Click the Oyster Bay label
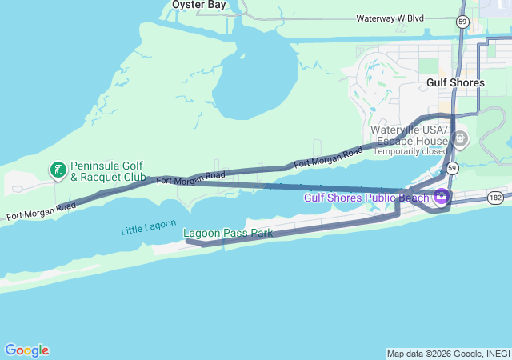(x=199, y=5)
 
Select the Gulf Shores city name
(x=455, y=82)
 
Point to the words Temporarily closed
(x=411, y=151)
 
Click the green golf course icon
(x=58, y=170)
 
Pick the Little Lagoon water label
(x=148, y=227)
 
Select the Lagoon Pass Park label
(x=228, y=234)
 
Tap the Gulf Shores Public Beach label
(x=366, y=198)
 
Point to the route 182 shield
(x=497, y=196)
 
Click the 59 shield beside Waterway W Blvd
(x=463, y=22)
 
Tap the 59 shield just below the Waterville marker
(x=453, y=168)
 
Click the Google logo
(x=26, y=350)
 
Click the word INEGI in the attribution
(x=496, y=354)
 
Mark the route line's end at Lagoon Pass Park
(x=186, y=240)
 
